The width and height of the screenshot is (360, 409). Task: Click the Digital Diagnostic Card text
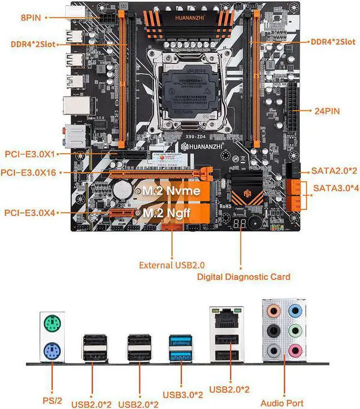click(244, 276)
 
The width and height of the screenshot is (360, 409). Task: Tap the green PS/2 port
click(51, 324)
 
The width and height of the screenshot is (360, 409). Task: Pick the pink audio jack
click(294, 350)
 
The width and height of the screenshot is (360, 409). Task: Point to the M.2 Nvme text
click(170, 191)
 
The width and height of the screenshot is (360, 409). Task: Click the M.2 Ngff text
click(169, 213)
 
